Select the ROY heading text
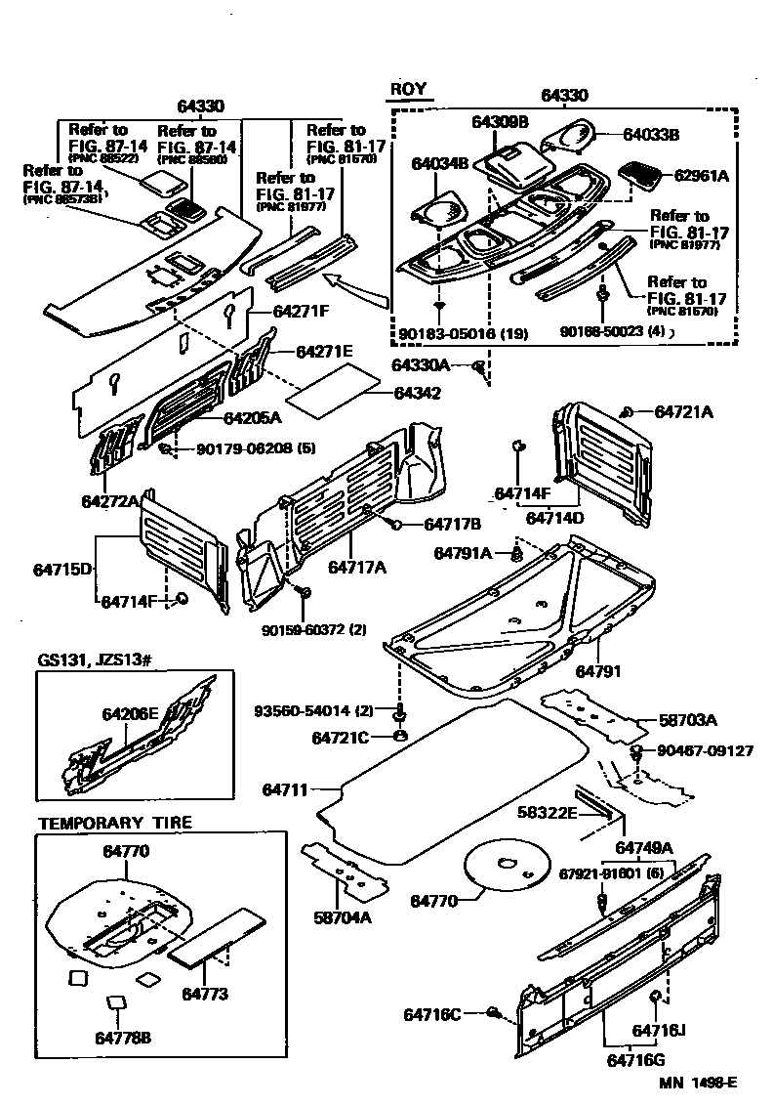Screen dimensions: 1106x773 coord(409,90)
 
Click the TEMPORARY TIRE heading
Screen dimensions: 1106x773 coord(115,823)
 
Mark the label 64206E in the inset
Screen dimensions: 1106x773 coord(130,713)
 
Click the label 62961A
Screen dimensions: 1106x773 coord(701,176)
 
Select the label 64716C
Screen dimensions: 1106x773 coord(431,1015)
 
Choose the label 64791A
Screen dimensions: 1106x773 coord(464,553)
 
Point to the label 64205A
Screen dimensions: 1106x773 coord(252,418)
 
